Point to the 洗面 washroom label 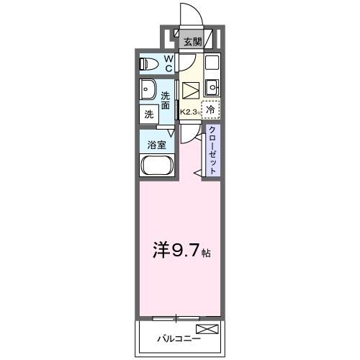point(166,101)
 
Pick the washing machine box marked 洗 point(149,114)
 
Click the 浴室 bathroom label point(156,144)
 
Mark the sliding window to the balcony point(176,317)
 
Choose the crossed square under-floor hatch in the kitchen point(190,91)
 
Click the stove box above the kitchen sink point(212,63)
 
